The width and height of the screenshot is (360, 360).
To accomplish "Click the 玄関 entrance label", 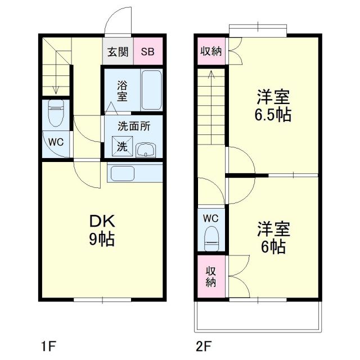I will pos(118,52).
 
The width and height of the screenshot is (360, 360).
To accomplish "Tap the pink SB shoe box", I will pos(147,52).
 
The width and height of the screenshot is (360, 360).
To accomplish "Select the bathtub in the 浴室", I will pos(151,90).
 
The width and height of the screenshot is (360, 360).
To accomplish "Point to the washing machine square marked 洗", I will pos(122,146).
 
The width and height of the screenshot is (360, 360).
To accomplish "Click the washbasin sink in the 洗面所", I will pos(146,149).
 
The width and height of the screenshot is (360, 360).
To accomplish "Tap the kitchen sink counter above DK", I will pos(134,173).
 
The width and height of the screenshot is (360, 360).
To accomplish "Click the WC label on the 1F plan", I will pos(55,142).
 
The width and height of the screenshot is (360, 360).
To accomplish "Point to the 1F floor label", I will pos(48,344).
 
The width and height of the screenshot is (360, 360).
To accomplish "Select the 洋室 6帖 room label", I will pos(273,237).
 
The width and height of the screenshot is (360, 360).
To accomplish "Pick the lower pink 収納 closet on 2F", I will pos(211,276).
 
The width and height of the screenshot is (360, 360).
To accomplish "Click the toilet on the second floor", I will pos(211,237).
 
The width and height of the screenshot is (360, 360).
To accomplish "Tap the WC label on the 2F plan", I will pos(211,217).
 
